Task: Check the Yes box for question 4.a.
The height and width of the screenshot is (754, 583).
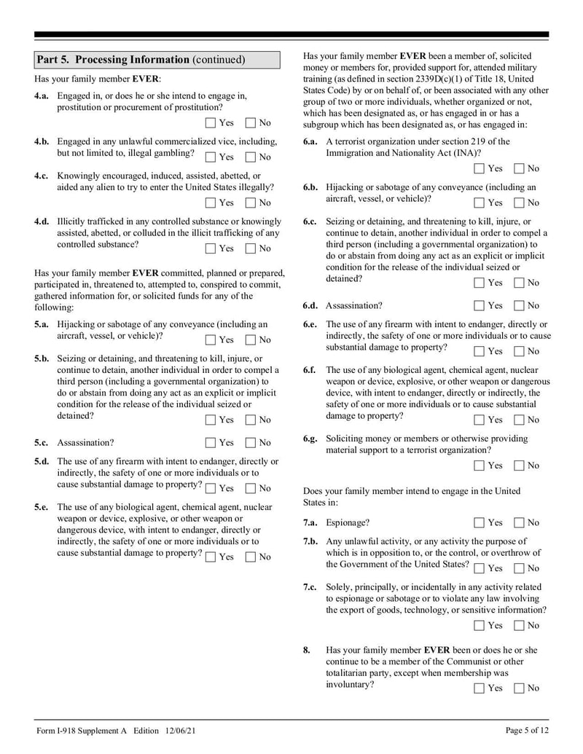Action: [x=211, y=123]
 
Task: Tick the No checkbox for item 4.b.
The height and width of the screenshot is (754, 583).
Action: [x=251, y=157]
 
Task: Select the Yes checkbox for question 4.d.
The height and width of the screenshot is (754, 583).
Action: [x=211, y=248]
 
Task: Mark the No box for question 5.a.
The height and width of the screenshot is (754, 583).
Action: [x=251, y=339]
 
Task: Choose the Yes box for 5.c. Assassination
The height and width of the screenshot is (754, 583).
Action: [x=211, y=442]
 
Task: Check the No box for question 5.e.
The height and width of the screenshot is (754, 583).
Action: [x=251, y=557]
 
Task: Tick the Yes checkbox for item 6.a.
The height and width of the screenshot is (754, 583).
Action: [x=479, y=169]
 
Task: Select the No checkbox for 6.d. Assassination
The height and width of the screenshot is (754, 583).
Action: [x=519, y=305]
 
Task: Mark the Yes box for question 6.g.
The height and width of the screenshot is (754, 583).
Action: [x=479, y=466]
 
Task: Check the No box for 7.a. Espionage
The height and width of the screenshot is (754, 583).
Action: [x=519, y=522]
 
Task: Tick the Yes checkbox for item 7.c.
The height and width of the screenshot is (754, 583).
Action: [x=479, y=625]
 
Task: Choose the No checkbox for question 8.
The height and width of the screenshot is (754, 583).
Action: [x=519, y=688]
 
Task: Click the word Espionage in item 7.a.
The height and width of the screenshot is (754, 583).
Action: [x=348, y=522]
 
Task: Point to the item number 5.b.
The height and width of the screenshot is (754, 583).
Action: [x=42, y=359]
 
